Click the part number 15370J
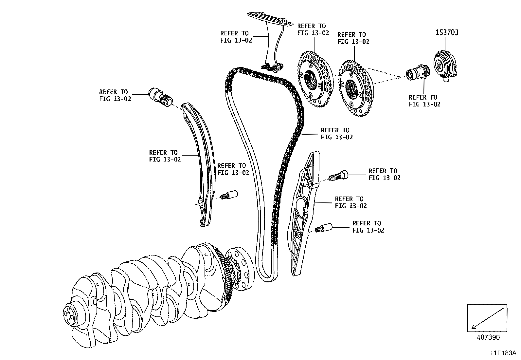point(447,32)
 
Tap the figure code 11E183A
point(503,353)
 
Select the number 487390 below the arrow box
point(487,337)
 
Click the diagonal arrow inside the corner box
point(487,318)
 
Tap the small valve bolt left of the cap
point(417,73)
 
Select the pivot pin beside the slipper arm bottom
point(229,195)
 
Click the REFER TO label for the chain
point(336,134)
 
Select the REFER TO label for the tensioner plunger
point(115,95)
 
